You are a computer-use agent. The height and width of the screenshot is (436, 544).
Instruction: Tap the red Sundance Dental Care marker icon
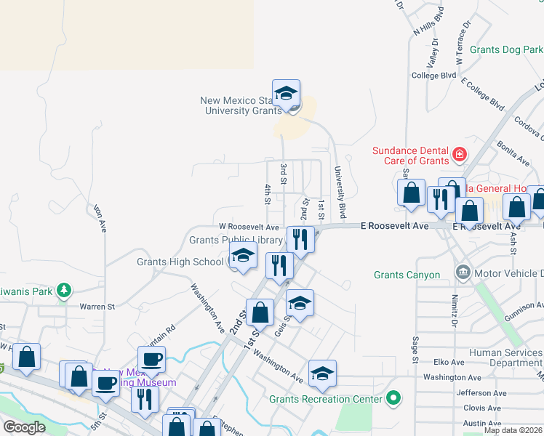(459, 154)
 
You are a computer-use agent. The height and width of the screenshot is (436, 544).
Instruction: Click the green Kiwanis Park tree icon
(65, 291)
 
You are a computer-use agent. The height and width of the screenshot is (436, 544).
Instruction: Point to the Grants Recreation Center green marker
(393, 398)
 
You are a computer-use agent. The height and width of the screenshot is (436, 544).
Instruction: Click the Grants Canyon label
(407, 275)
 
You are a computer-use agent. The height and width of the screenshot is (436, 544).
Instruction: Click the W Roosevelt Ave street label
(249, 227)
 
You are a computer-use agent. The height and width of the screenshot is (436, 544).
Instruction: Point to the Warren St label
(97, 307)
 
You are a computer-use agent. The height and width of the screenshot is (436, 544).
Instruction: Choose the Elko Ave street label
(448, 362)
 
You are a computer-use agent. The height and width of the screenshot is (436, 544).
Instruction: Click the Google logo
(25, 427)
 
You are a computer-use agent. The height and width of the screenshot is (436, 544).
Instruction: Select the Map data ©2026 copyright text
(512, 430)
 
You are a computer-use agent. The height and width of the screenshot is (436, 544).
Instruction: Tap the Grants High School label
(181, 262)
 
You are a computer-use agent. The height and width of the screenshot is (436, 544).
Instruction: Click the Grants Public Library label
(236, 241)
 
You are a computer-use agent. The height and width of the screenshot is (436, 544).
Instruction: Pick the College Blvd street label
(433, 76)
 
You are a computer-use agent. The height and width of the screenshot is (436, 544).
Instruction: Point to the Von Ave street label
(100, 217)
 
